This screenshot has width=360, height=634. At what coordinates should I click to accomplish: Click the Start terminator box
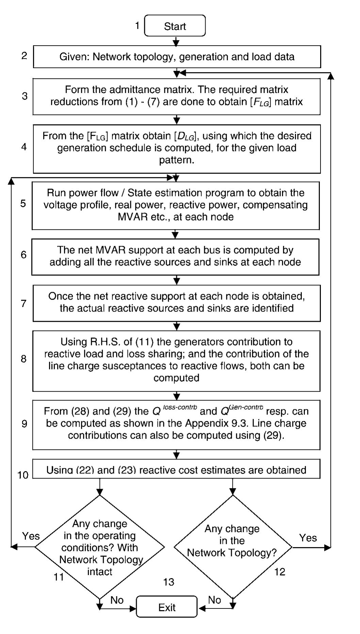click(175, 26)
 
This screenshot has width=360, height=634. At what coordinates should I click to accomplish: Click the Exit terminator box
click(167, 607)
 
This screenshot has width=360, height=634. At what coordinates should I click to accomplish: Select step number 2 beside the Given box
click(24, 56)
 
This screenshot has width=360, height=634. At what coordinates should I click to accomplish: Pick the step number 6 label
click(23, 254)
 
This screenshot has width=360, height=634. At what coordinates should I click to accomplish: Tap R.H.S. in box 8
click(101, 342)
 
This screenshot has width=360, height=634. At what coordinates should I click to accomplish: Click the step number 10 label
click(23, 475)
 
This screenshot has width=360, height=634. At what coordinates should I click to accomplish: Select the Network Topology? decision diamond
click(232, 546)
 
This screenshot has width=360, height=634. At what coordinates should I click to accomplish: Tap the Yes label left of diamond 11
click(31, 536)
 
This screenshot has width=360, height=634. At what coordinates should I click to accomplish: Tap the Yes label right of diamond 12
click(308, 538)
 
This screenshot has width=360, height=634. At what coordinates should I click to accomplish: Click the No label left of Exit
click(117, 600)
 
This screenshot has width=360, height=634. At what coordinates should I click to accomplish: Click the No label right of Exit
click(214, 600)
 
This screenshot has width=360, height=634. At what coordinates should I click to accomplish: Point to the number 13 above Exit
click(169, 582)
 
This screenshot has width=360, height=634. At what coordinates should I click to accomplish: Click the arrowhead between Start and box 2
click(176, 43)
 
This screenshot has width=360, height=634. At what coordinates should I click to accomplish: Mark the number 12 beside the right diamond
click(279, 572)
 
